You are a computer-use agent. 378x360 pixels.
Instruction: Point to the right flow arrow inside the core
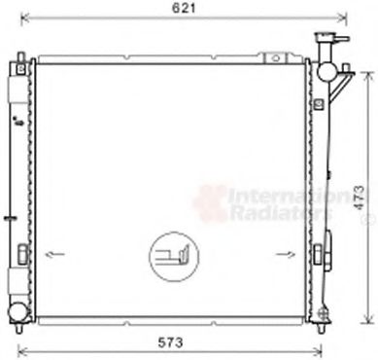click(285, 256)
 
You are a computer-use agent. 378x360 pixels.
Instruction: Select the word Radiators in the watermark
click(272, 210)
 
